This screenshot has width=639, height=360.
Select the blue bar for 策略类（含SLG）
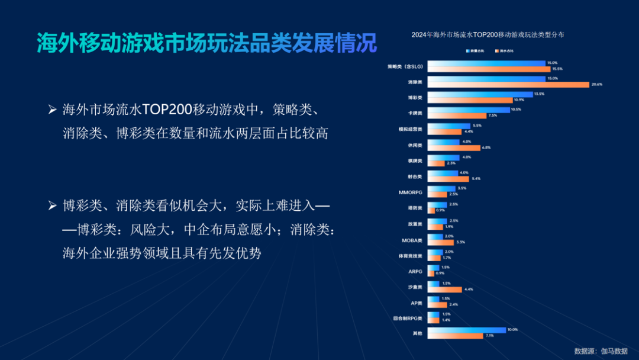pyautogui.click(x=486, y=63)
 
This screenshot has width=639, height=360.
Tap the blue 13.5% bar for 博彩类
pyautogui.click(x=479, y=94)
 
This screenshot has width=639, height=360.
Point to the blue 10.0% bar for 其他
pyautogui.click(x=466, y=330)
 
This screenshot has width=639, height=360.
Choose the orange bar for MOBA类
pyautogui.click(x=440, y=242)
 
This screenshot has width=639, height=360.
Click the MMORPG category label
pyautogui.click(x=411, y=192)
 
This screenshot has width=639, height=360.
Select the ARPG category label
pyautogui.click(x=415, y=271)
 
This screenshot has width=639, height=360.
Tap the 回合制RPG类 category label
pyautogui.click(x=408, y=318)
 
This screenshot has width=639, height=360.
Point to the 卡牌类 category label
pyautogui.click(x=415, y=112)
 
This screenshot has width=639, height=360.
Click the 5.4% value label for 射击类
pyautogui.click(x=476, y=179)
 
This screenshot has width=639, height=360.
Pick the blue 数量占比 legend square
pyautogui.click(x=467, y=52)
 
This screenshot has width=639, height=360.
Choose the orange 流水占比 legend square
pyautogui.click(x=496, y=52)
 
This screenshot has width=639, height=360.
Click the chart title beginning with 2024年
pyautogui.click(x=488, y=35)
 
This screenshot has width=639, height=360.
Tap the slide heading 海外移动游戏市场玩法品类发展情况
pyautogui.click(x=206, y=43)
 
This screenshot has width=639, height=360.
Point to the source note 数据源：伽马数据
pyautogui.click(x=601, y=351)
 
